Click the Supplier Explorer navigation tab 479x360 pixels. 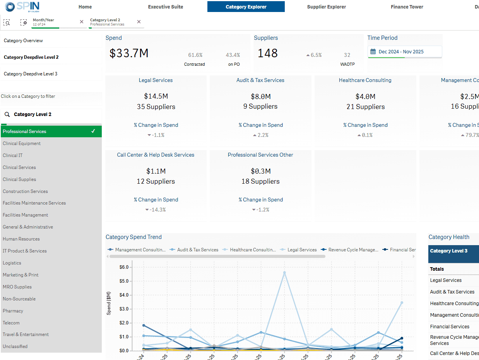[x=326, y=7]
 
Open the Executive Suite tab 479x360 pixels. [x=166, y=7]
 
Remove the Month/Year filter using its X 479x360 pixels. [x=81, y=22]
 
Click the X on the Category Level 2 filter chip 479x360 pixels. [x=139, y=22]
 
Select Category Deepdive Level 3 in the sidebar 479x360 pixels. [x=31, y=73]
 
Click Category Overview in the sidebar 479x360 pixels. [x=23, y=41]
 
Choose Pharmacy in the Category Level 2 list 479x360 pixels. [x=13, y=311]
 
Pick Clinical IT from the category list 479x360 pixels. [x=12, y=155]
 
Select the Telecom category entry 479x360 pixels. [x=11, y=323]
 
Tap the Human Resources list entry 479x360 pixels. [x=21, y=239]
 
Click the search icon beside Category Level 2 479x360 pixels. [x=7, y=114]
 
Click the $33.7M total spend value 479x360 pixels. [x=129, y=53]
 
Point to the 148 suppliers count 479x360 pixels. [x=268, y=53]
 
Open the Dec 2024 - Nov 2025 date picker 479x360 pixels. [x=404, y=51]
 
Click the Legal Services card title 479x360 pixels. [x=156, y=80]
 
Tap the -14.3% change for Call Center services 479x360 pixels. [x=156, y=210]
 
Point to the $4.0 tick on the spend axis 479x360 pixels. [x=123, y=295]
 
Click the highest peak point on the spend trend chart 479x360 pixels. [x=284, y=273]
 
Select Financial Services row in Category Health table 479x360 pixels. [x=450, y=327]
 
